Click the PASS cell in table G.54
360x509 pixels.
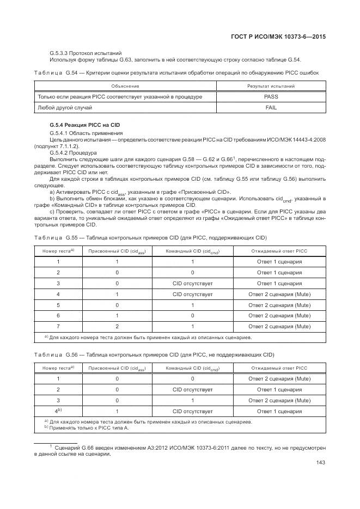point(271,96)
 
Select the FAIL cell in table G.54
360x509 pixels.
point(271,108)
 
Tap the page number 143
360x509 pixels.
point(320,463)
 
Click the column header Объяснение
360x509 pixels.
point(125,86)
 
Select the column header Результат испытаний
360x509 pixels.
point(271,86)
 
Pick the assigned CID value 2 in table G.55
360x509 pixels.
point(117,326)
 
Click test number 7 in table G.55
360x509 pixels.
point(58,326)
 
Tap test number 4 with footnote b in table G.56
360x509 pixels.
point(58,411)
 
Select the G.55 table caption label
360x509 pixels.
point(56,238)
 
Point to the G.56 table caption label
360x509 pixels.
point(56,354)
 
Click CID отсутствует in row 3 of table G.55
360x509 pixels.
point(192,284)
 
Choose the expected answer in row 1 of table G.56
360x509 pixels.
point(279,378)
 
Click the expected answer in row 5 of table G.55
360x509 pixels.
point(279,305)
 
